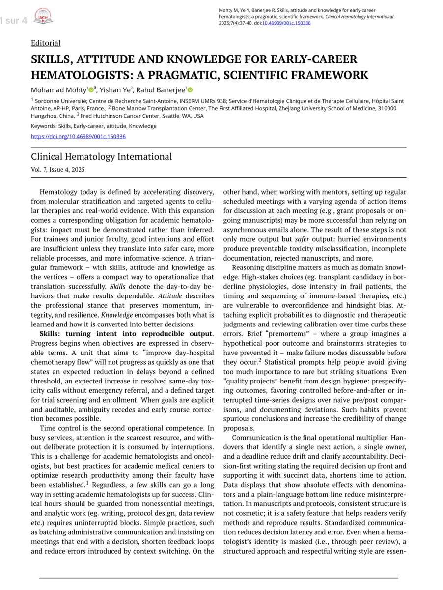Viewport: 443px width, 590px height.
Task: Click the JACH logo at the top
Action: tap(43, 18)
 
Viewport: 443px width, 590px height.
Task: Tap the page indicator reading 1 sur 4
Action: tap(14, 21)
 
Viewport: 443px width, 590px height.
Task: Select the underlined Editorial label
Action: tap(46, 43)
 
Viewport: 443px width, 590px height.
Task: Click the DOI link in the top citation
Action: tap(286, 23)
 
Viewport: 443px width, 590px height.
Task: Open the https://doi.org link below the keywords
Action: tap(78, 136)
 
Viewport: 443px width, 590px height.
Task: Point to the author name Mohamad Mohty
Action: tap(58, 90)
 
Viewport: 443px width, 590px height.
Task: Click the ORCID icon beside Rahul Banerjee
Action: tap(190, 90)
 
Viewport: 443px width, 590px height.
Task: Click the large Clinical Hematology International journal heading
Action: tap(101, 157)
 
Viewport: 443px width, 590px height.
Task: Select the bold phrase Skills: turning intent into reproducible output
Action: tap(126, 334)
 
